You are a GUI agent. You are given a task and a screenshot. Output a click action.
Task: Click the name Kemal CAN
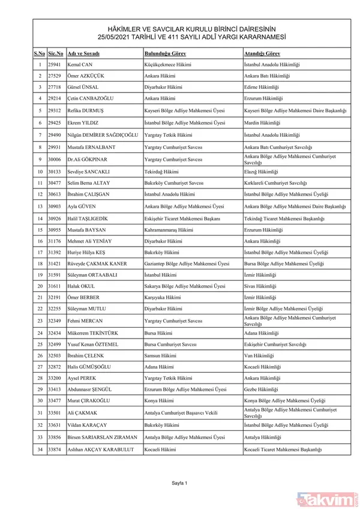tap(82, 64)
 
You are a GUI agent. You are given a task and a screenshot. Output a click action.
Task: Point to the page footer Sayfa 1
tap(180, 483)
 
